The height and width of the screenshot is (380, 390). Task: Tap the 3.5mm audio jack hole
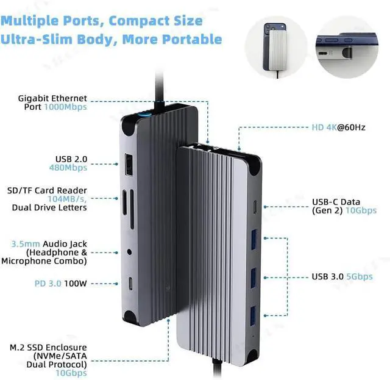[129, 251]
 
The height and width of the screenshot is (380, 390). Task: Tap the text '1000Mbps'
[65, 107]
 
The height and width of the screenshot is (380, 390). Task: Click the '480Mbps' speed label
[68, 167]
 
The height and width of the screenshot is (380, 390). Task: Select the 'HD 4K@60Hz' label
[339, 129]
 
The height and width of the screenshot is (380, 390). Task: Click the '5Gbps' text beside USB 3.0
[359, 276]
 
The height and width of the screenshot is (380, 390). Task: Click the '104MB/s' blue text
[69, 199]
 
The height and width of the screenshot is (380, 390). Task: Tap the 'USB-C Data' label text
[336, 202]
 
